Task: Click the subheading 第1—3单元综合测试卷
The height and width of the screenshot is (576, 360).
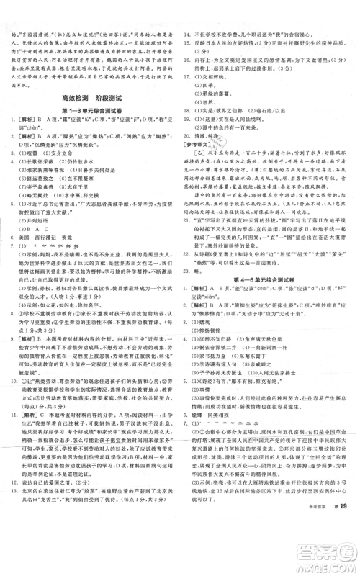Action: pos(90,109)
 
